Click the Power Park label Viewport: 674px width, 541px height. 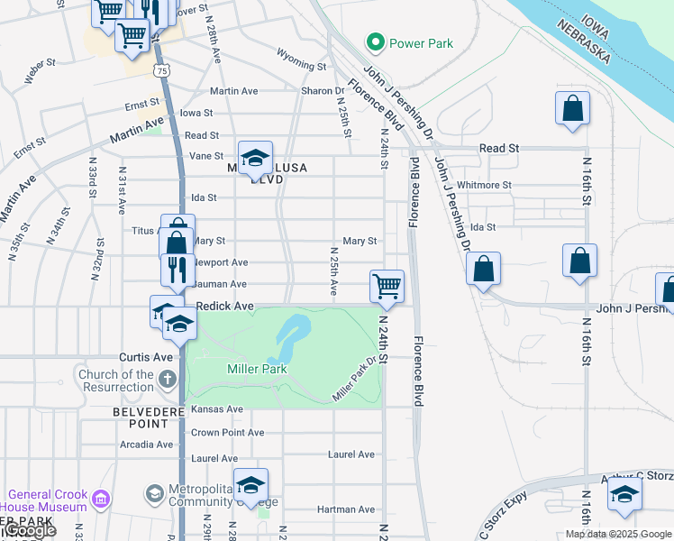pyautogui.click(x=421, y=42)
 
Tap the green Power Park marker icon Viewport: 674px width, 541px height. pyautogui.click(x=374, y=42)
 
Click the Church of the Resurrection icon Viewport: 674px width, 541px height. pyautogui.click(x=166, y=380)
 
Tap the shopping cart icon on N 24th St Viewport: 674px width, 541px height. pyautogui.click(x=387, y=286)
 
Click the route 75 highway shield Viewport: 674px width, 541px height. pyautogui.click(x=161, y=69)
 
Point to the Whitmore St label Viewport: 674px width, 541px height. pyautogui.click(x=484, y=185)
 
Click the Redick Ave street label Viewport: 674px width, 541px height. pyautogui.click(x=224, y=306)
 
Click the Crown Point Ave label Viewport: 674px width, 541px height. pyautogui.click(x=227, y=433)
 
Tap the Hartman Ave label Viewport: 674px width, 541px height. pyautogui.click(x=346, y=509)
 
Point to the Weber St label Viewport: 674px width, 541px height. pyautogui.click(x=40, y=73)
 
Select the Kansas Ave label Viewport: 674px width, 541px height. pyautogui.click(x=217, y=409)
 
